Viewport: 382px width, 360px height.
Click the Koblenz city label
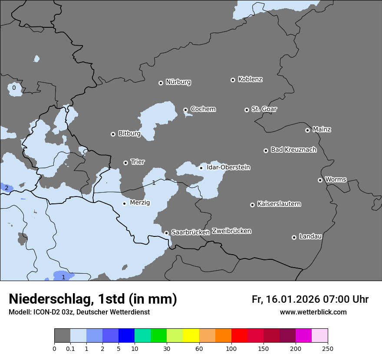(250, 79)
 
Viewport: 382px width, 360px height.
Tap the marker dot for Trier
(126, 163)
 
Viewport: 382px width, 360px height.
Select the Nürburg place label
(178, 82)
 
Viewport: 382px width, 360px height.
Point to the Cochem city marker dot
(185, 110)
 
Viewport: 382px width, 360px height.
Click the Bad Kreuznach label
(293, 150)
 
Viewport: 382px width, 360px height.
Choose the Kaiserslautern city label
(279, 204)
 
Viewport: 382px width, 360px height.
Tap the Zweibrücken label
(231, 231)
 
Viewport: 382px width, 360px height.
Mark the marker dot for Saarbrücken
(166, 233)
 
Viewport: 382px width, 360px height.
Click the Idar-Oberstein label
(228, 167)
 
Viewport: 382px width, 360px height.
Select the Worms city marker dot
(320, 180)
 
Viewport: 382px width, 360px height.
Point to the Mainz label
(322, 129)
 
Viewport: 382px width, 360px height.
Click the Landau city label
(310, 236)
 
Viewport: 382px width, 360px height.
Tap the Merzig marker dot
(124, 203)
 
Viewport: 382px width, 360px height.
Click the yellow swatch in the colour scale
(191, 336)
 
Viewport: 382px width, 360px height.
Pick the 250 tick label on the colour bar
(328, 349)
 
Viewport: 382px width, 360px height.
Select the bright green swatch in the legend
(159, 336)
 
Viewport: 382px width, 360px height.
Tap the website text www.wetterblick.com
(313, 312)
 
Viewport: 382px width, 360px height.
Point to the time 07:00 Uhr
(345, 299)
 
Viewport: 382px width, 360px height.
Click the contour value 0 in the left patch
(14, 88)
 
